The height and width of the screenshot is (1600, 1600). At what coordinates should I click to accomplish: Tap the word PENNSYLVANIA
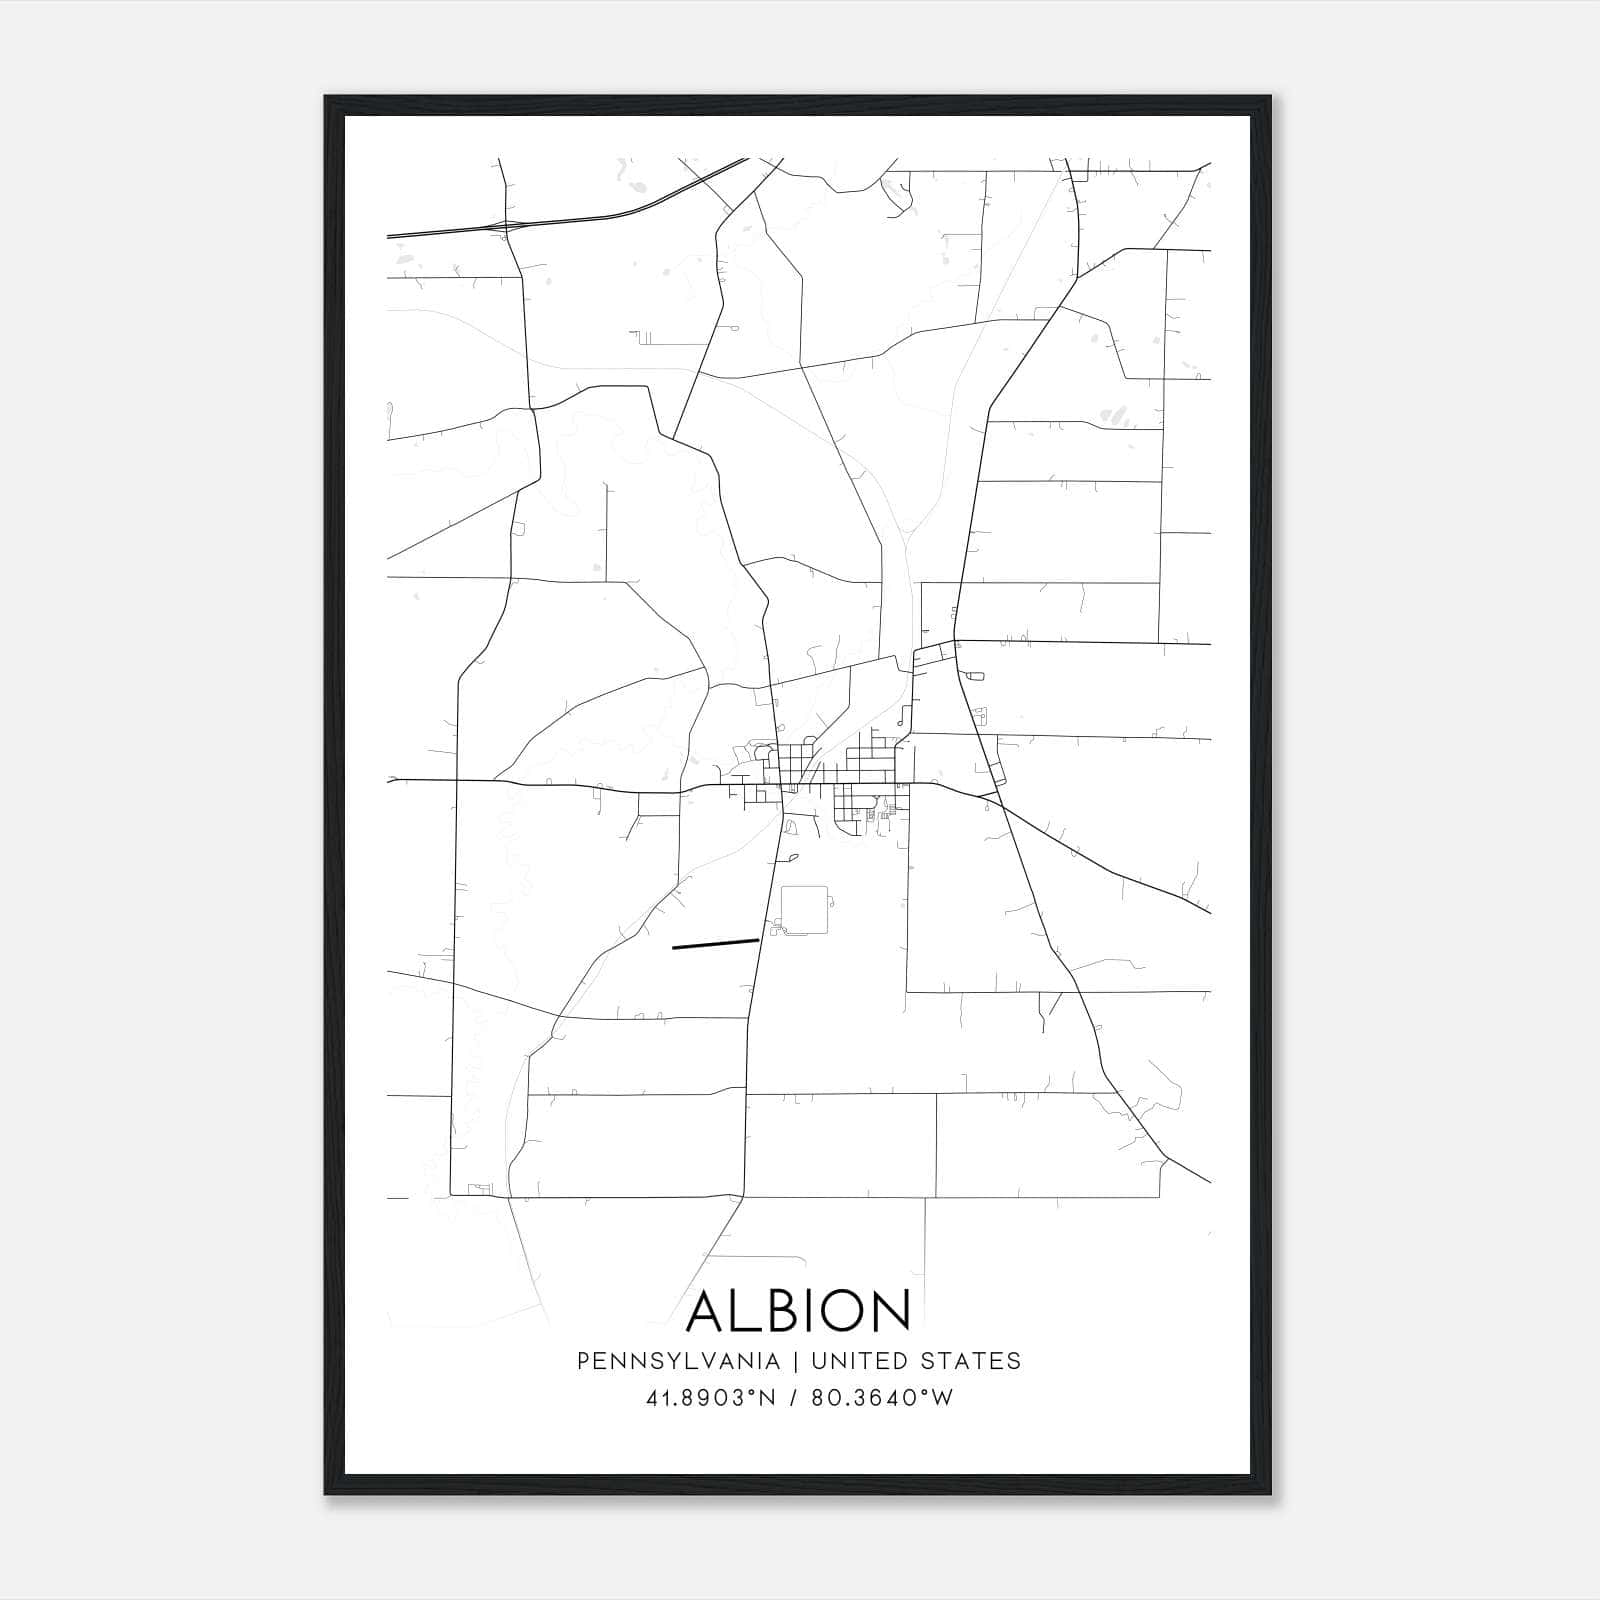point(678,1361)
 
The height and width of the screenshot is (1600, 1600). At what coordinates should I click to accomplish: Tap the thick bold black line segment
point(715,943)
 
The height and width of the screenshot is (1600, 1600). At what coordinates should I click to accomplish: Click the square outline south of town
point(806,909)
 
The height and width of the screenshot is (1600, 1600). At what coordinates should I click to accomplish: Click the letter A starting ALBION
point(707,1310)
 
